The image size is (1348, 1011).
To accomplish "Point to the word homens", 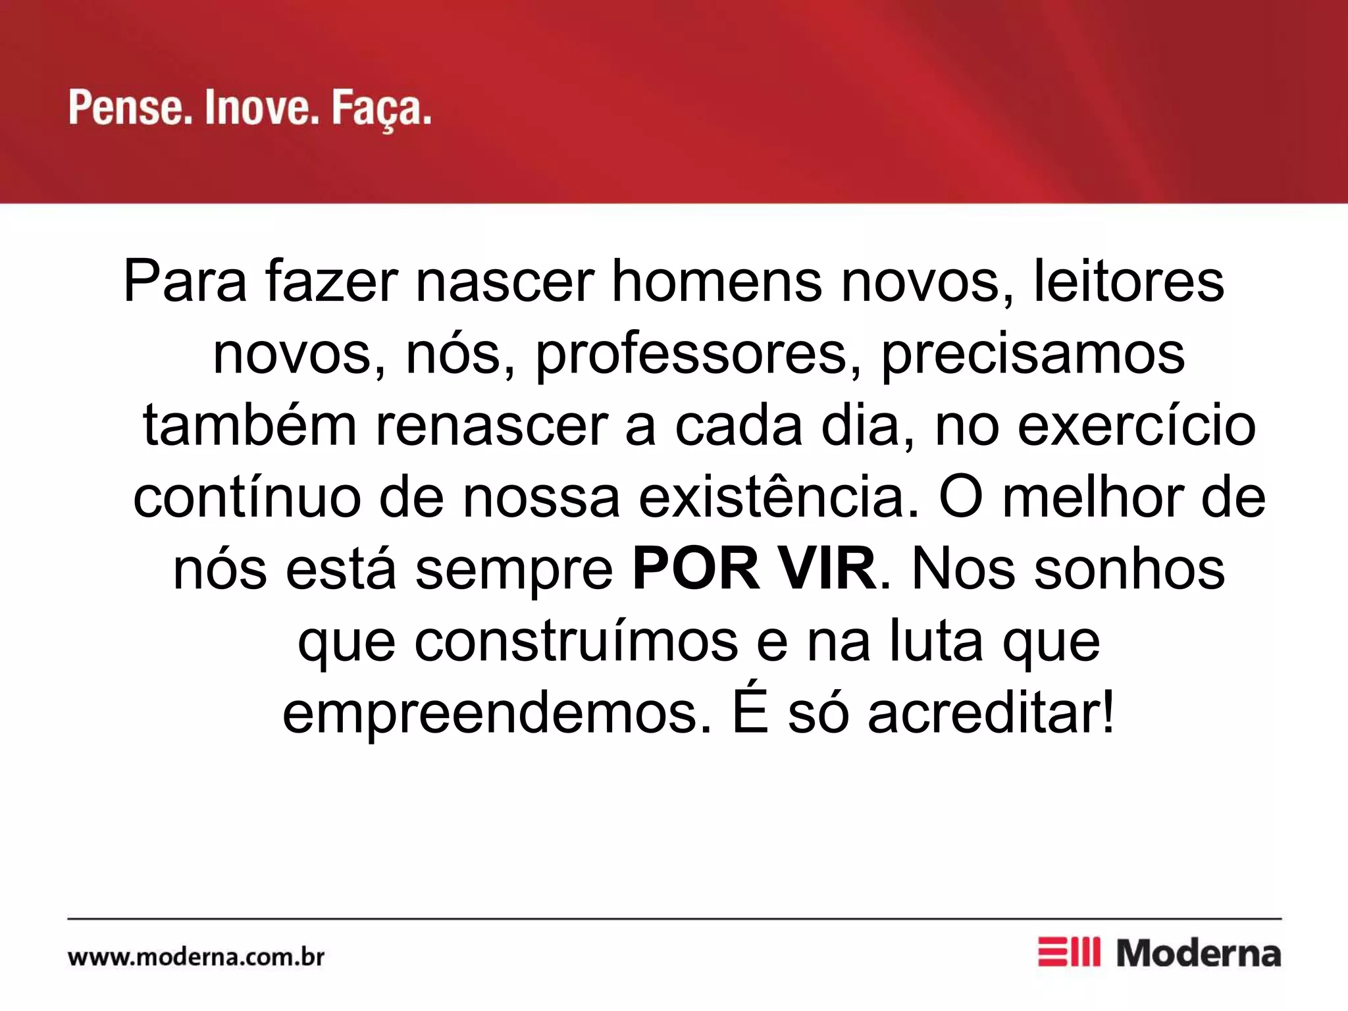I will point(717,282).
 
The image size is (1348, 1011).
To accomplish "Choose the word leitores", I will point(1128,282).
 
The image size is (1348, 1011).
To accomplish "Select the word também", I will point(250,426).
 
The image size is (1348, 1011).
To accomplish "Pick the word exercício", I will point(1137,426).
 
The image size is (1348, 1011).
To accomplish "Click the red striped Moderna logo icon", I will point(1068,952).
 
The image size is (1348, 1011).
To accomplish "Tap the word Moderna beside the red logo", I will point(1199,954).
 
